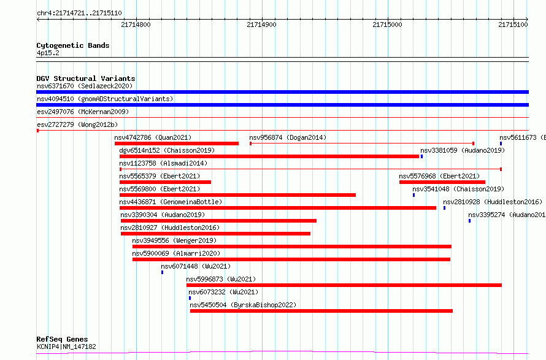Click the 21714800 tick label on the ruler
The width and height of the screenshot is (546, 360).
(136, 25)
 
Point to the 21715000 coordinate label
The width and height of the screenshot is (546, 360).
(387, 25)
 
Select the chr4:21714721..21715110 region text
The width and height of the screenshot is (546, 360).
(79, 13)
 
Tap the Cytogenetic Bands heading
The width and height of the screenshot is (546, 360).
(73, 45)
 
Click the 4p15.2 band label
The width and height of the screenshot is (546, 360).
(48, 53)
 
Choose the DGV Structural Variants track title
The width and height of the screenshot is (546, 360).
(86, 79)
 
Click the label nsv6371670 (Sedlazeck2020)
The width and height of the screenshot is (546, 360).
(85, 86)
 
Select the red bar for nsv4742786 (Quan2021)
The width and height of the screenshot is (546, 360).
(177, 144)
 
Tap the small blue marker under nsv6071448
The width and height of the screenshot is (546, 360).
(163, 272)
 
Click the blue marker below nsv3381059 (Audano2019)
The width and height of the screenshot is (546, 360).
(421, 156)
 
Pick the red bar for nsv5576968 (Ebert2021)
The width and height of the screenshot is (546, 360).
(442, 182)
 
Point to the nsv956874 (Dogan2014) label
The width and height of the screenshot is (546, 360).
(288, 137)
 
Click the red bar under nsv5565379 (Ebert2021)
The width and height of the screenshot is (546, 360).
(165, 182)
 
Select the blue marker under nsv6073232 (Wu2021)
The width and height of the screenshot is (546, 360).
(190, 298)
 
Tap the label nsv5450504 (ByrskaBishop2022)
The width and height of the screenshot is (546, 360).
(243, 305)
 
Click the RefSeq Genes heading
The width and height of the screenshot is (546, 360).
(62, 339)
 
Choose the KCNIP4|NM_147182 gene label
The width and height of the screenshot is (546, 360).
(66, 347)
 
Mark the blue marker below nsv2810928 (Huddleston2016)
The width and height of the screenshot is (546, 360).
(444, 208)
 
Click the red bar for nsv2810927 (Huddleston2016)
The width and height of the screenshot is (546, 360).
(215, 234)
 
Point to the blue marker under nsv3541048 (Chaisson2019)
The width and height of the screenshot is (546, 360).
(413, 195)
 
